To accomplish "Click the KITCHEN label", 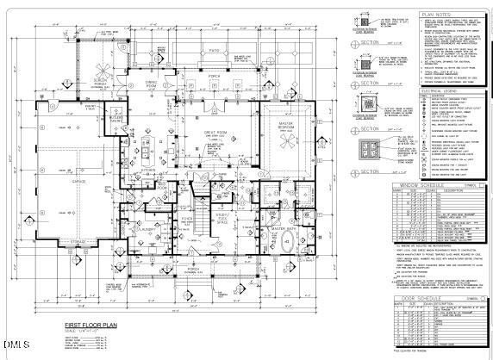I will tap(147, 171).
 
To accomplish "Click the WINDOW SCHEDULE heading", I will tap(417, 183).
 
